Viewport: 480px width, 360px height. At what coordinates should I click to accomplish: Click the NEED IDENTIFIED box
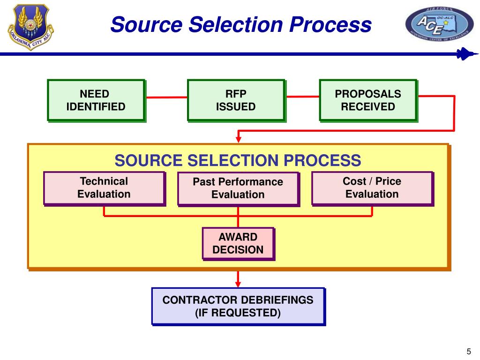pyautogui.click(x=96, y=100)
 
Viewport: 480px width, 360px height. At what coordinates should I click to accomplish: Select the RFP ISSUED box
pyautogui.click(x=236, y=100)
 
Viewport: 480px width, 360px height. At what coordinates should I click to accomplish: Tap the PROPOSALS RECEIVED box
pyautogui.click(x=368, y=100)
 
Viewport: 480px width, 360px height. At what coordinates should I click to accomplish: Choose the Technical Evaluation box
pyautogui.click(x=104, y=188)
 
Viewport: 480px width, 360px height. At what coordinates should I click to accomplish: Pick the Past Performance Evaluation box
pyautogui.click(x=238, y=188)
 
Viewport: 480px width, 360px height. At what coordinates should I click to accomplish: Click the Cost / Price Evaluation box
pyautogui.click(x=372, y=188)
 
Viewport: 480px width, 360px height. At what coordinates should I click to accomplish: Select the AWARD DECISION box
pyautogui.click(x=238, y=243)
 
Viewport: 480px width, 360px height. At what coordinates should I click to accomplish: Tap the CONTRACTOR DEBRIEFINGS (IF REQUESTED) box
pyautogui.click(x=238, y=306)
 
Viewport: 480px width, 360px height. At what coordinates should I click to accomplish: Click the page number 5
pyautogui.click(x=468, y=352)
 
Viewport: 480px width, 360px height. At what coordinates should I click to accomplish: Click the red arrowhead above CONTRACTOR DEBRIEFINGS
pyautogui.click(x=238, y=283)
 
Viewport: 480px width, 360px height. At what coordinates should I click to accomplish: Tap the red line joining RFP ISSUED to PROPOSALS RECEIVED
pyautogui.click(x=302, y=97)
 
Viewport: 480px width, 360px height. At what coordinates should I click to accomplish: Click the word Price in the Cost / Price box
pyautogui.click(x=388, y=181)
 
